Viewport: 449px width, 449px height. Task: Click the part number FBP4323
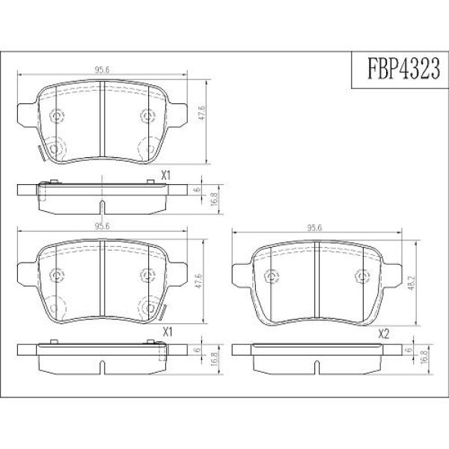coord(403,68)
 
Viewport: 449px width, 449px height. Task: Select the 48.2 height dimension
coord(411,283)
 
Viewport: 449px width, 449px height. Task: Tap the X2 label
coord(384,335)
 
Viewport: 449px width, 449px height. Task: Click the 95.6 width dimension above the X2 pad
coord(314,228)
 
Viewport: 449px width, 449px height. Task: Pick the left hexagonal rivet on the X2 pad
coord(271,276)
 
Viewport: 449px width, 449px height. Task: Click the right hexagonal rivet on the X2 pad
coord(362,276)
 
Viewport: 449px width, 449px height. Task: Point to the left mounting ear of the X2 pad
coord(241,275)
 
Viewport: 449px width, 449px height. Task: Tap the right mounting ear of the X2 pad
coord(392,275)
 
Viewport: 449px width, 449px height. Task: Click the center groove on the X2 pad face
coord(317,281)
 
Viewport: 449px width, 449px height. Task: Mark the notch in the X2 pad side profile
coord(317,367)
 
